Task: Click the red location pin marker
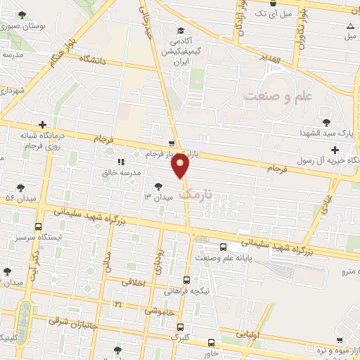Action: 181,166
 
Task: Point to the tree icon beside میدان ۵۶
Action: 20,188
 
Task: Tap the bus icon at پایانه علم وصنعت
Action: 224,247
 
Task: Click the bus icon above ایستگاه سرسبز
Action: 37,227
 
